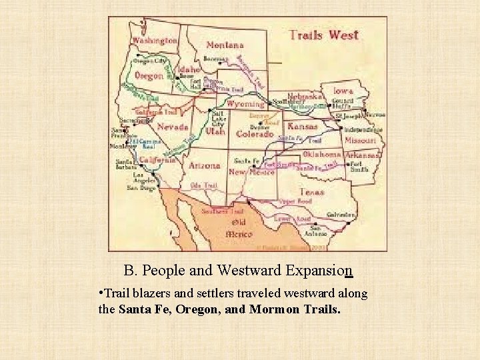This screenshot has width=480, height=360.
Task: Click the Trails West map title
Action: coord(324,35)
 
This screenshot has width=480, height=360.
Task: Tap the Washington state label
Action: coord(155,40)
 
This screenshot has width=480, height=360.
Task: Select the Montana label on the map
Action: coord(225,45)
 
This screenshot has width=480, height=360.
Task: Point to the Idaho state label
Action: coord(189,69)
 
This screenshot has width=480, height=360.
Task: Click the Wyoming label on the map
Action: coord(245,104)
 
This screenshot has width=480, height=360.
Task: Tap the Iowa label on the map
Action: coord(344,91)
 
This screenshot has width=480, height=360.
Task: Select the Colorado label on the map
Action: coord(255,133)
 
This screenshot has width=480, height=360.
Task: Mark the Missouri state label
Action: coord(361,141)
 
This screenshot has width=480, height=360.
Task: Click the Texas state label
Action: coord(311,192)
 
